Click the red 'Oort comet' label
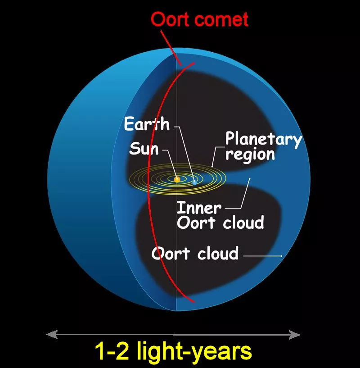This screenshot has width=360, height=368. point(199,20)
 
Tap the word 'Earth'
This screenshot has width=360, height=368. point(147,124)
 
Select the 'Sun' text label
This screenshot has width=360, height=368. point(144,148)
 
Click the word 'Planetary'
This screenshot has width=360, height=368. point(263,139)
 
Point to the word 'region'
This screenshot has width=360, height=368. point(250,154)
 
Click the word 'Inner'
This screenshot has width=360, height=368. point(199,208)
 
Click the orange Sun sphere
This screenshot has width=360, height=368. point(177,179)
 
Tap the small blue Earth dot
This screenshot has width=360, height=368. point(194,182)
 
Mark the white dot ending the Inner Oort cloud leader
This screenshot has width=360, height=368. point(250,179)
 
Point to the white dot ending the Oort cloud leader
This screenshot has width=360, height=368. point(282,256)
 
